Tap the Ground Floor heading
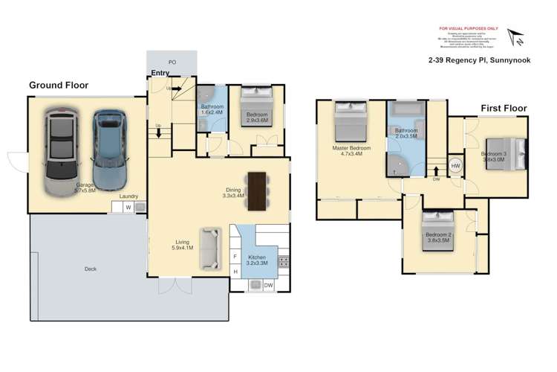[x=59, y=86]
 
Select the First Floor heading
[x=503, y=108]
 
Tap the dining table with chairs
[x=257, y=191]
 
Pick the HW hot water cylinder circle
[x=455, y=165]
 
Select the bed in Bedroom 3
[x=509, y=155]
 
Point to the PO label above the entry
[x=172, y=62]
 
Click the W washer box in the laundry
[x=128, y=207]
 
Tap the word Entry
[x=160, y=73]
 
